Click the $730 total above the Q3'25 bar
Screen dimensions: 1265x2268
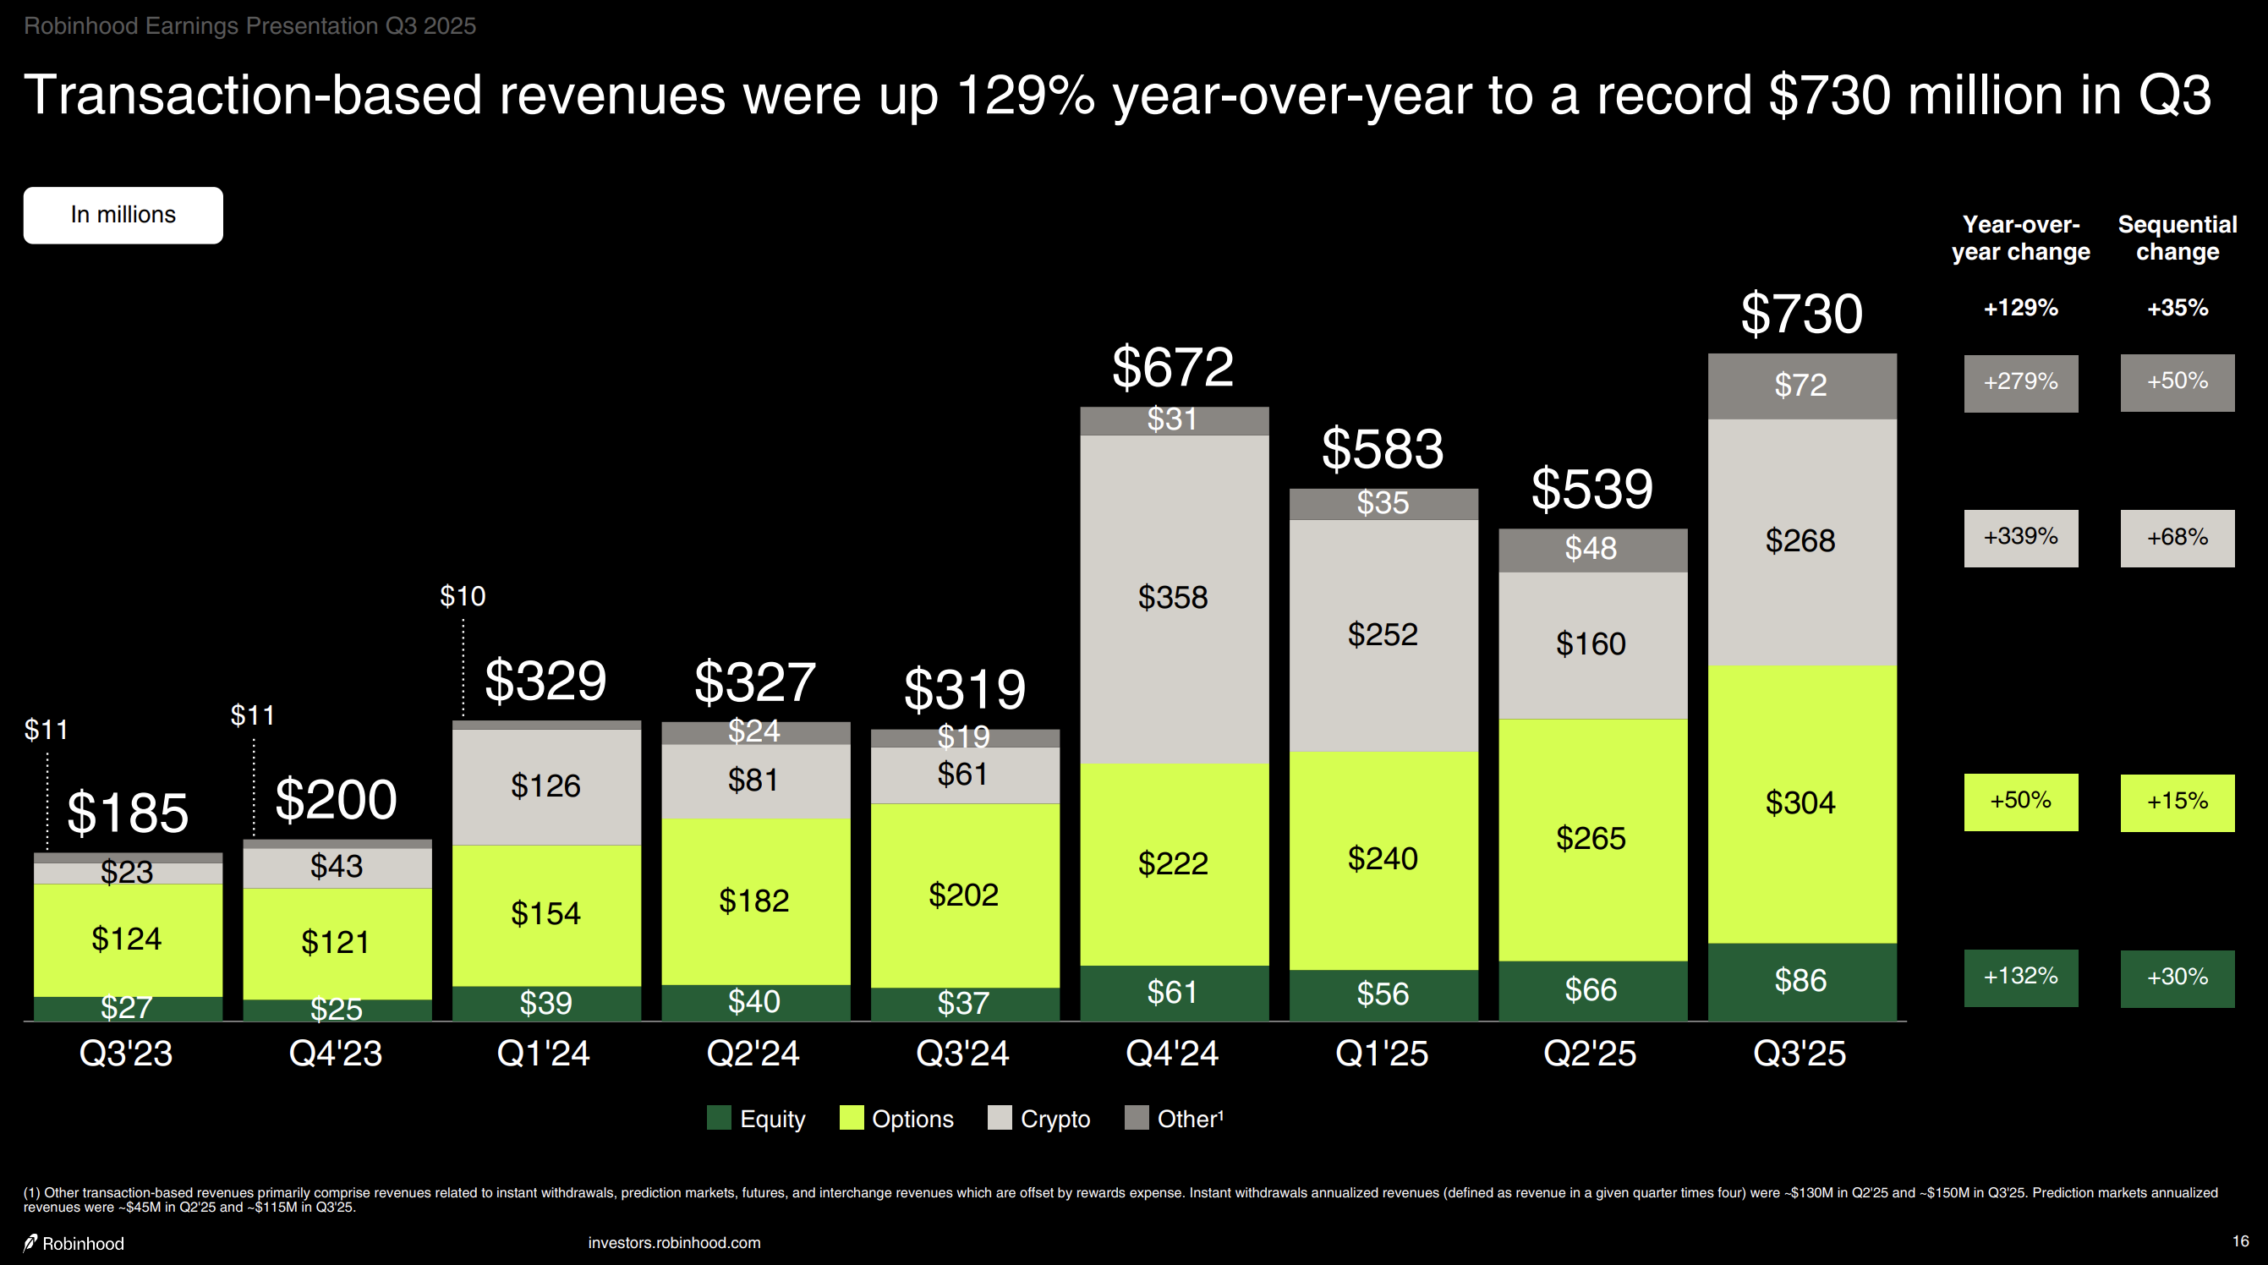coord(1801,315)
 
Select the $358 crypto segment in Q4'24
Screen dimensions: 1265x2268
coord(1173,598)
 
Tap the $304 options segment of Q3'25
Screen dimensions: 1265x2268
coord(1800,802)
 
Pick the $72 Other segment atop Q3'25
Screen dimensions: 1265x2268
coord(1800,386)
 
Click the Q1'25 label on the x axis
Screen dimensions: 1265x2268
coord(1382,1053)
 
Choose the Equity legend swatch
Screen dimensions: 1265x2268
coord(720,1118)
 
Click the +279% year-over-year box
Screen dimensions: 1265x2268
coord(2019,383)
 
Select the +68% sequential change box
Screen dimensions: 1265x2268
coord(2177,538)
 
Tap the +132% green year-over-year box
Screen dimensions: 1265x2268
coord(2019,977)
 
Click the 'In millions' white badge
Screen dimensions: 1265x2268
coord(123,215)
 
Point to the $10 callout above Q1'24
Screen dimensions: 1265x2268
coord(463,597)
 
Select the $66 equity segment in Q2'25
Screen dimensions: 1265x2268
coord(1591,990)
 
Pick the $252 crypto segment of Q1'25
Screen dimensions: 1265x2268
coord(1383,635)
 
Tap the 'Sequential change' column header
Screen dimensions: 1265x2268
coord(2177,238)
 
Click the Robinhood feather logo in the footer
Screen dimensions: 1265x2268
coord(30,1242)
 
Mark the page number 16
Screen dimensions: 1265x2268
coord(2240,1241)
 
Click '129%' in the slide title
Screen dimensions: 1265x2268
coord(1025,95)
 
